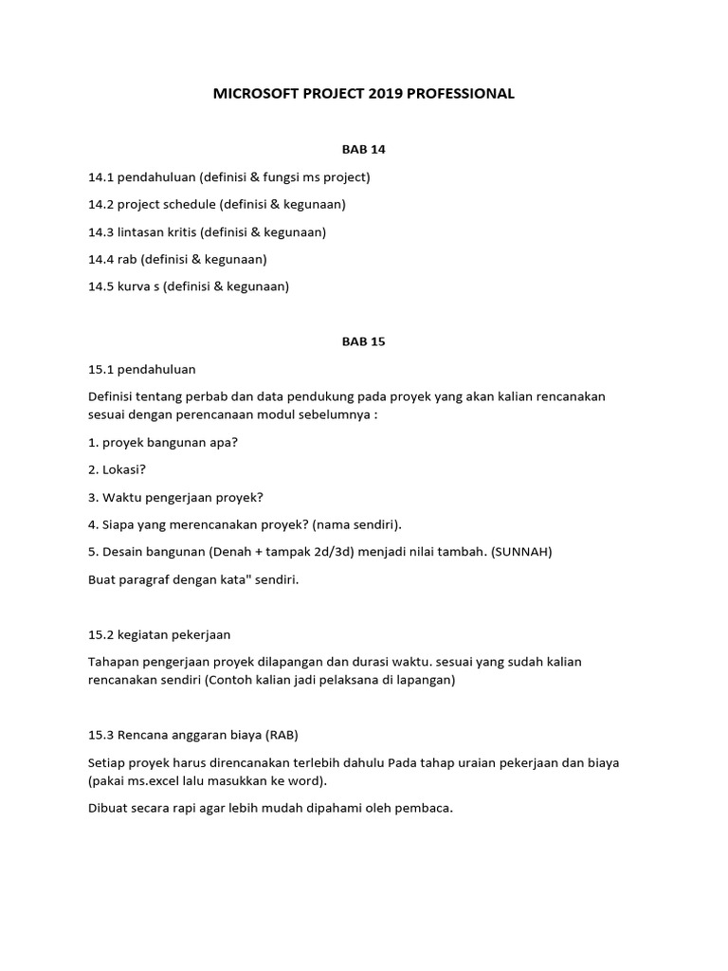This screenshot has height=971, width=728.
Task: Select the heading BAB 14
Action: pos(364,149)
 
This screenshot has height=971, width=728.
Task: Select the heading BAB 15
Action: pos(364,341)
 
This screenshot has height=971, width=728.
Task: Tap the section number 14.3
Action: pos(101,231)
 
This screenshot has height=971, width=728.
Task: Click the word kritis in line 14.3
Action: pos(178,231)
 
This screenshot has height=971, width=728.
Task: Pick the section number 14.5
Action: pos(101,286)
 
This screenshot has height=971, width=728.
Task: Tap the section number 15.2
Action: pos(101,634)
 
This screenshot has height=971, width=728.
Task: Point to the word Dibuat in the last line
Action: pos(109,809)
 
